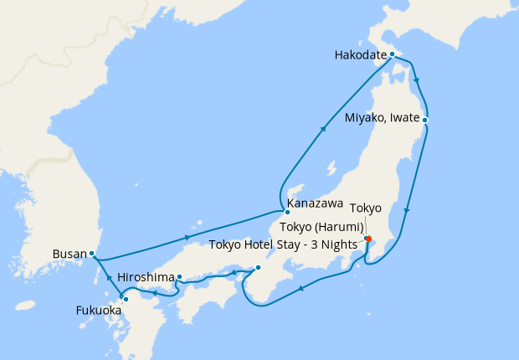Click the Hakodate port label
(361, 56)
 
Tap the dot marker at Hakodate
(392, 54)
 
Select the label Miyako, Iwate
(382, 119)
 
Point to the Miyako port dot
(425, 120)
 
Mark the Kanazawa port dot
(286, 211)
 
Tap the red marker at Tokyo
(368, 239)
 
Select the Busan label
(68, 253)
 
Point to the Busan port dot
(92, 254)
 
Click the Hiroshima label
(146, 276)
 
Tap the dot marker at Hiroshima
(179, 276)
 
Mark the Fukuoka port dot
(126, 299)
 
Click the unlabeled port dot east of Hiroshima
(258, 268)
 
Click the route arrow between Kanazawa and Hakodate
(323, 130)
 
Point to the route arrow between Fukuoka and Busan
(107, 277)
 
